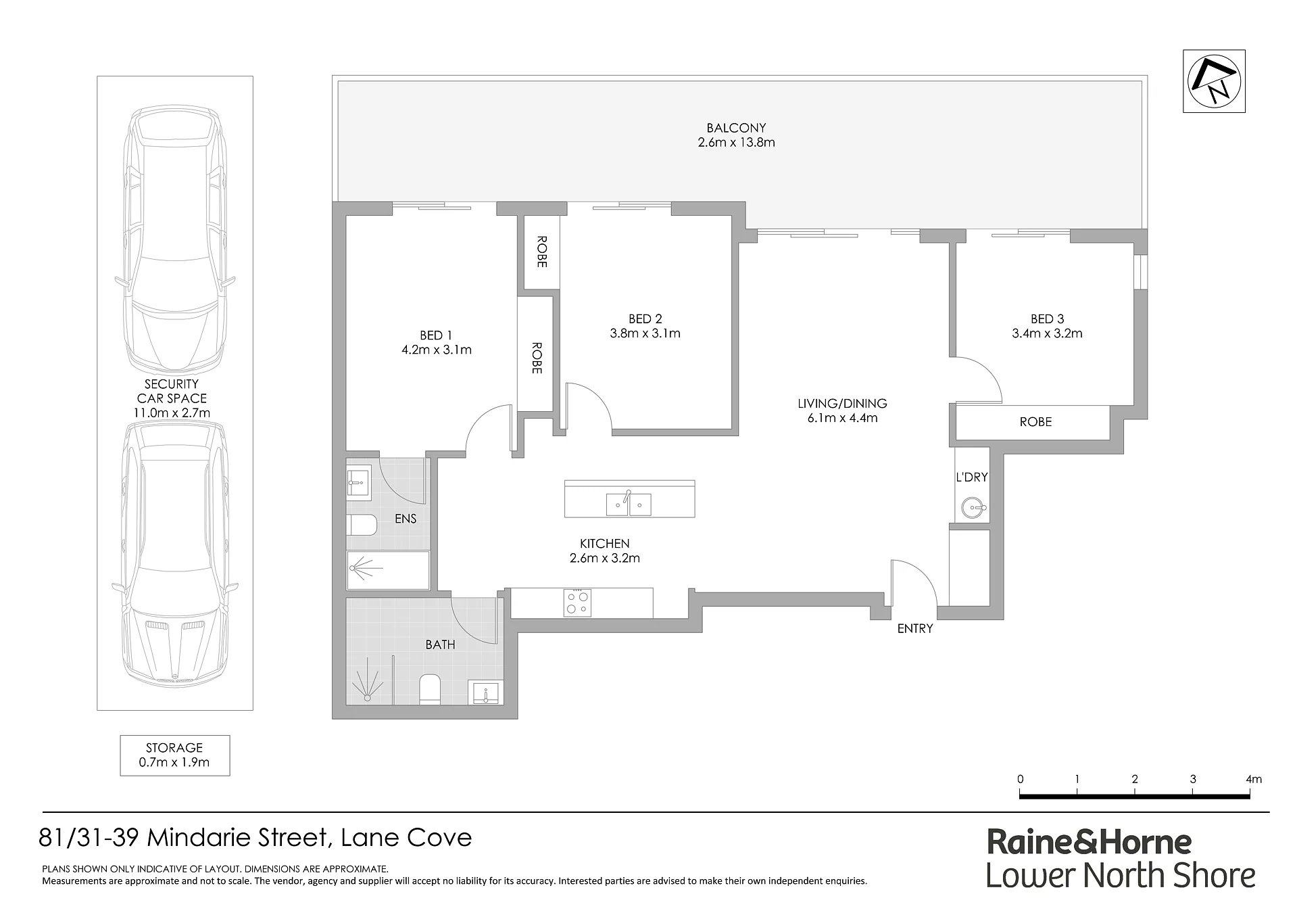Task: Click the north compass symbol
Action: coord(1214,81)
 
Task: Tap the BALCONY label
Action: coord(736,128)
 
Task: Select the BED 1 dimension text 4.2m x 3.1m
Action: coord(436,350)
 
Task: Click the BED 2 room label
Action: coord(645,319)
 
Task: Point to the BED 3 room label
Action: coord(1047,319)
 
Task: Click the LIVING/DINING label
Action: coord(842,404)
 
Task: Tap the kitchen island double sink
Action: coord(629,504)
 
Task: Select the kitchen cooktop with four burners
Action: coord(577,603)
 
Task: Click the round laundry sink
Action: coord(971,507)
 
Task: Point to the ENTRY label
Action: coord(915,628)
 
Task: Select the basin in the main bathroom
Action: coord(485,692)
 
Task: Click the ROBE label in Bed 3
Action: coord(1035,422)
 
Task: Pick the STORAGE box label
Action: coord(174,748)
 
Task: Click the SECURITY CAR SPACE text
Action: coord(172,391)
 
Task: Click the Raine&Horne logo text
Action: coord(1089,842)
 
